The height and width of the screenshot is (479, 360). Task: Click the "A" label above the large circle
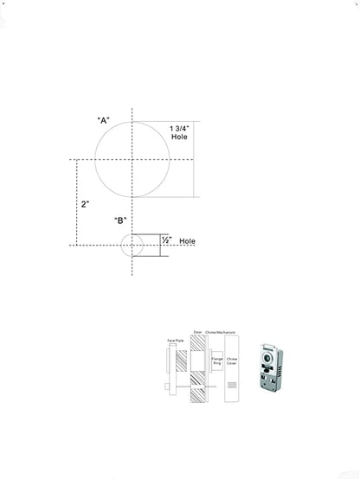point(103,121)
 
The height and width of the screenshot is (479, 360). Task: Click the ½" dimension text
point(166,240)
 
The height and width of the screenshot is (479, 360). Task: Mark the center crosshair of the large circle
point(132,159)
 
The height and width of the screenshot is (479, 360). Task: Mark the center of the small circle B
point(132,245)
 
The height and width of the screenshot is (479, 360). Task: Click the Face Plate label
point(172,342)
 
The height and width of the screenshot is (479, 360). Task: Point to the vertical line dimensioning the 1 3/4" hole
point(193,159)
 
